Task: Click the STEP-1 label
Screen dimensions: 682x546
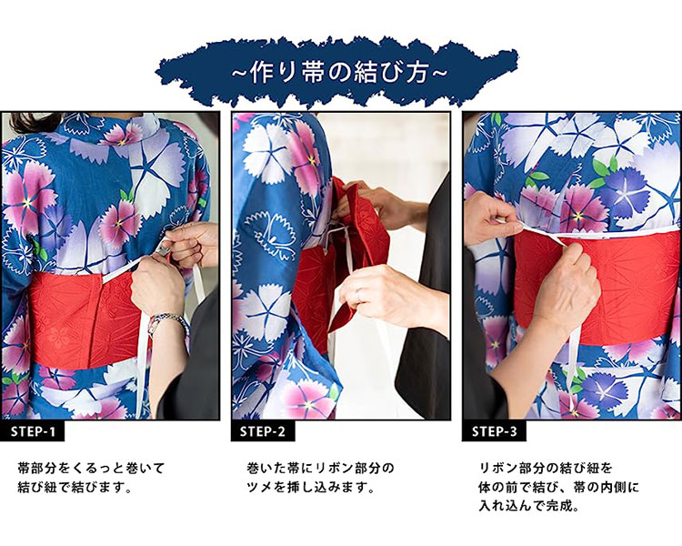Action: tap(33, 431)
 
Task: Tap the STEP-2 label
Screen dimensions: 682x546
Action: tap(263, 431)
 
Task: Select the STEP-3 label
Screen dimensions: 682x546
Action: tap(495, 431)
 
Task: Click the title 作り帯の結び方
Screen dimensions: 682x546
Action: tap(340, 73)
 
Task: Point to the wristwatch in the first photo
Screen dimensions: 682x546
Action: tap(167, 321)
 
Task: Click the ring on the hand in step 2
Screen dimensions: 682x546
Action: tap(358, 297)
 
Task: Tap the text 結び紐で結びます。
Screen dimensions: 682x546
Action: tap(75, 487)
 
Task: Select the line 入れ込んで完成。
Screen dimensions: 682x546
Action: tap(529, 506)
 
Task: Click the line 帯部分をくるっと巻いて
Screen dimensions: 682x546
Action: tap(91, 468)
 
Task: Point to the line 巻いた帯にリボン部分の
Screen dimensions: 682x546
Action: tap(321, 468)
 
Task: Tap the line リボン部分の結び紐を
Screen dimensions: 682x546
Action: tap(546, 468)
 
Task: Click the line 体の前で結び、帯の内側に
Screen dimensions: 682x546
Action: tap(558, 487)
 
